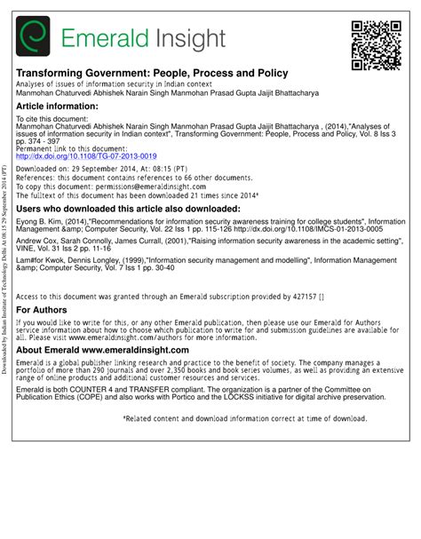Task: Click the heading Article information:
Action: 60,105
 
